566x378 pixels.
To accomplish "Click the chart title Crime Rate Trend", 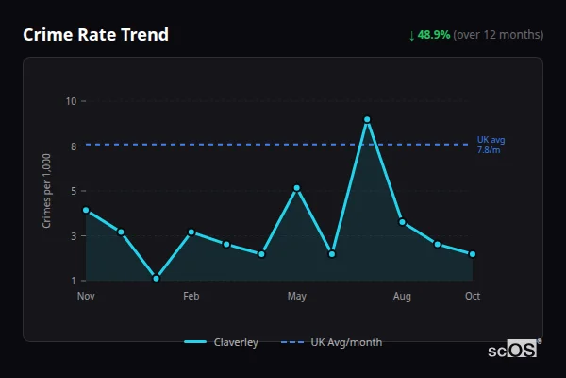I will tap(96, 35).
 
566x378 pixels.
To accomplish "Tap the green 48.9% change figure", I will tap(435, 35).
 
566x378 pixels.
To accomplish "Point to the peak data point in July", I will tap(367, 120).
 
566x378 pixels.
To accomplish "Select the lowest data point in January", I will tap(156, 279).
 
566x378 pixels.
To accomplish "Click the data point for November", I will tap(86, 210).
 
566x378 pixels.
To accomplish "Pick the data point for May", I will tap(297, 188).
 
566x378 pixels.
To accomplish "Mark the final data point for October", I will tap(473, 254).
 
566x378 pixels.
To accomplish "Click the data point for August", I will tap(402, 222).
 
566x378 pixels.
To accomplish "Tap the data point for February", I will tap(191, 232).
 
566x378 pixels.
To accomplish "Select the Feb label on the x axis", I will tap(191, 297).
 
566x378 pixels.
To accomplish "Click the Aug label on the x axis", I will tap(402, 297).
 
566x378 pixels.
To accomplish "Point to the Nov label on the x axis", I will tap(86, 297).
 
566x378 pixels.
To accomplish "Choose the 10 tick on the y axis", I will tap(71, 100).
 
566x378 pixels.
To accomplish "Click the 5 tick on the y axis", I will tap(73, 191).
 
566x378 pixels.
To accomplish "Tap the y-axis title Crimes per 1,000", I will tap(47, 190).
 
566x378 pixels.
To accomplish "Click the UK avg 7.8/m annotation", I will tap(491, 145).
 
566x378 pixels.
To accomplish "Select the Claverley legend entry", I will tap(222, 342).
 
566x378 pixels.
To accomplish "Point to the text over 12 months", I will tap(498, 35).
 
